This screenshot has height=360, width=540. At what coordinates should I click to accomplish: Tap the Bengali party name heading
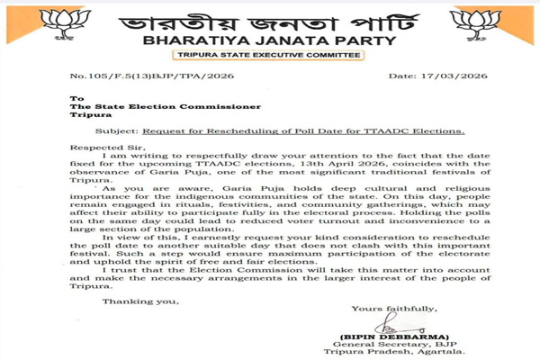coord(270,19)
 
